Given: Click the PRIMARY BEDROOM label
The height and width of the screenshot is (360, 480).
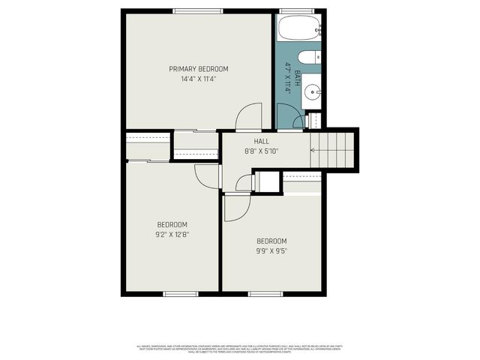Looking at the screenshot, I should (198, 69).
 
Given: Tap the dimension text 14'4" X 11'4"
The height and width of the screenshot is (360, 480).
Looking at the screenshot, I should (198, 79).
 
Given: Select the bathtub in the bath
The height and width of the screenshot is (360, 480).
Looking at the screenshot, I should (299, 29).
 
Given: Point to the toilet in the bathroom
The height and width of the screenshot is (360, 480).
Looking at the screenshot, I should (308, 58).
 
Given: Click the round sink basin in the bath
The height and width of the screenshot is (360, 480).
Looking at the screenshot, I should (311, 93).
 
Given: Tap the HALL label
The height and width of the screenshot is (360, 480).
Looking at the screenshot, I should (261, 141).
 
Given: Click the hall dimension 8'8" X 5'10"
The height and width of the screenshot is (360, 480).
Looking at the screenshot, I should (261, 151).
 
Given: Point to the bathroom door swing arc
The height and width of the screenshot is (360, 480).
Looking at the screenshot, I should (289, 116).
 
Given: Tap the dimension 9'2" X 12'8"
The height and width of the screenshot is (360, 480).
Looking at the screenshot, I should (172, 234).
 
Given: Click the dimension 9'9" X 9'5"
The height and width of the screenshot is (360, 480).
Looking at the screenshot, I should (271, 250).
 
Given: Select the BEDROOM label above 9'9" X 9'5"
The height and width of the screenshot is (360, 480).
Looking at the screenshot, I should (271, 241).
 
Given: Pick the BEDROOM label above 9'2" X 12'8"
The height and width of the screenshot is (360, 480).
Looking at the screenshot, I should (172, 224).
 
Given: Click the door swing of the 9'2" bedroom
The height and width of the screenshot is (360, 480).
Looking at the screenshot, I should (206, 176).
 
